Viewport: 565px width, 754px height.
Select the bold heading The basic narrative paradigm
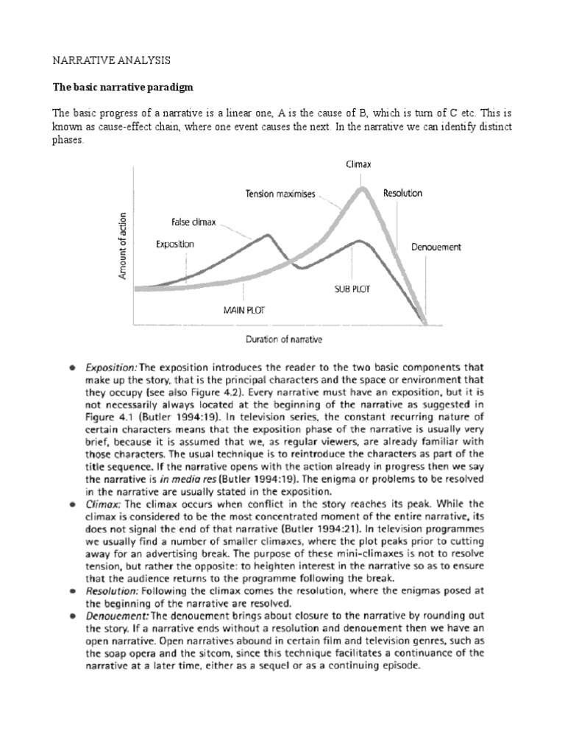122,86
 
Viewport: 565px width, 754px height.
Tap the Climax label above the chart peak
359,166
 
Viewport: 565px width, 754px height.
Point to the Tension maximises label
280,194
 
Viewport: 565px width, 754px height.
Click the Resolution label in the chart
403,193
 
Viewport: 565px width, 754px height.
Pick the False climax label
194,220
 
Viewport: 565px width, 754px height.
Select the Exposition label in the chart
175,243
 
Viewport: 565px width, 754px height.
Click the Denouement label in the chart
436,247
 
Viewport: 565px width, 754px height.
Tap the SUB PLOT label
352,289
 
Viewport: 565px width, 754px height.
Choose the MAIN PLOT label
244,310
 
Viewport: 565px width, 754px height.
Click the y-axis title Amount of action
122,246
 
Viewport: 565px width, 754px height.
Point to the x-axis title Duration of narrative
282,339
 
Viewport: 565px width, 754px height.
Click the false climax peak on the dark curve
268,236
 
